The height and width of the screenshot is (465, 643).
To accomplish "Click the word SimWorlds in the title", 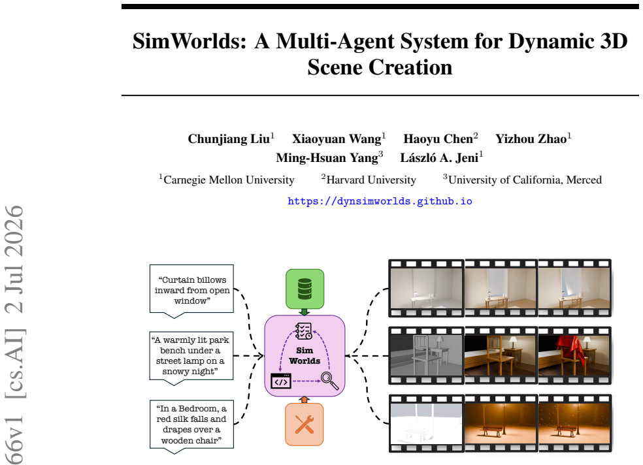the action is (x=190, y=41).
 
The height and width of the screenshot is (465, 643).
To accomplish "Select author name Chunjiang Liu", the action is (x=229, y=139).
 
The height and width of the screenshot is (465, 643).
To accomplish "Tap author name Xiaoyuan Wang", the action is (x=337, y=139).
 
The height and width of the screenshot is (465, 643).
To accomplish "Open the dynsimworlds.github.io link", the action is (x=380, y=201).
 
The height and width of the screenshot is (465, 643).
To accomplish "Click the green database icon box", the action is (x=305, y=289).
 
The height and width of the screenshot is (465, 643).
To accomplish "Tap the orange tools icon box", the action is (x=305, y=424).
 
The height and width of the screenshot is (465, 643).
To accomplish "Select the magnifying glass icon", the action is (x=330, y=381).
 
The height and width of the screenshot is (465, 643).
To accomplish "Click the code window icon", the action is (x=281, y=381).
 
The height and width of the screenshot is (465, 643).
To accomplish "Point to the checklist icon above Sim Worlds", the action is (x=303, y=331).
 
